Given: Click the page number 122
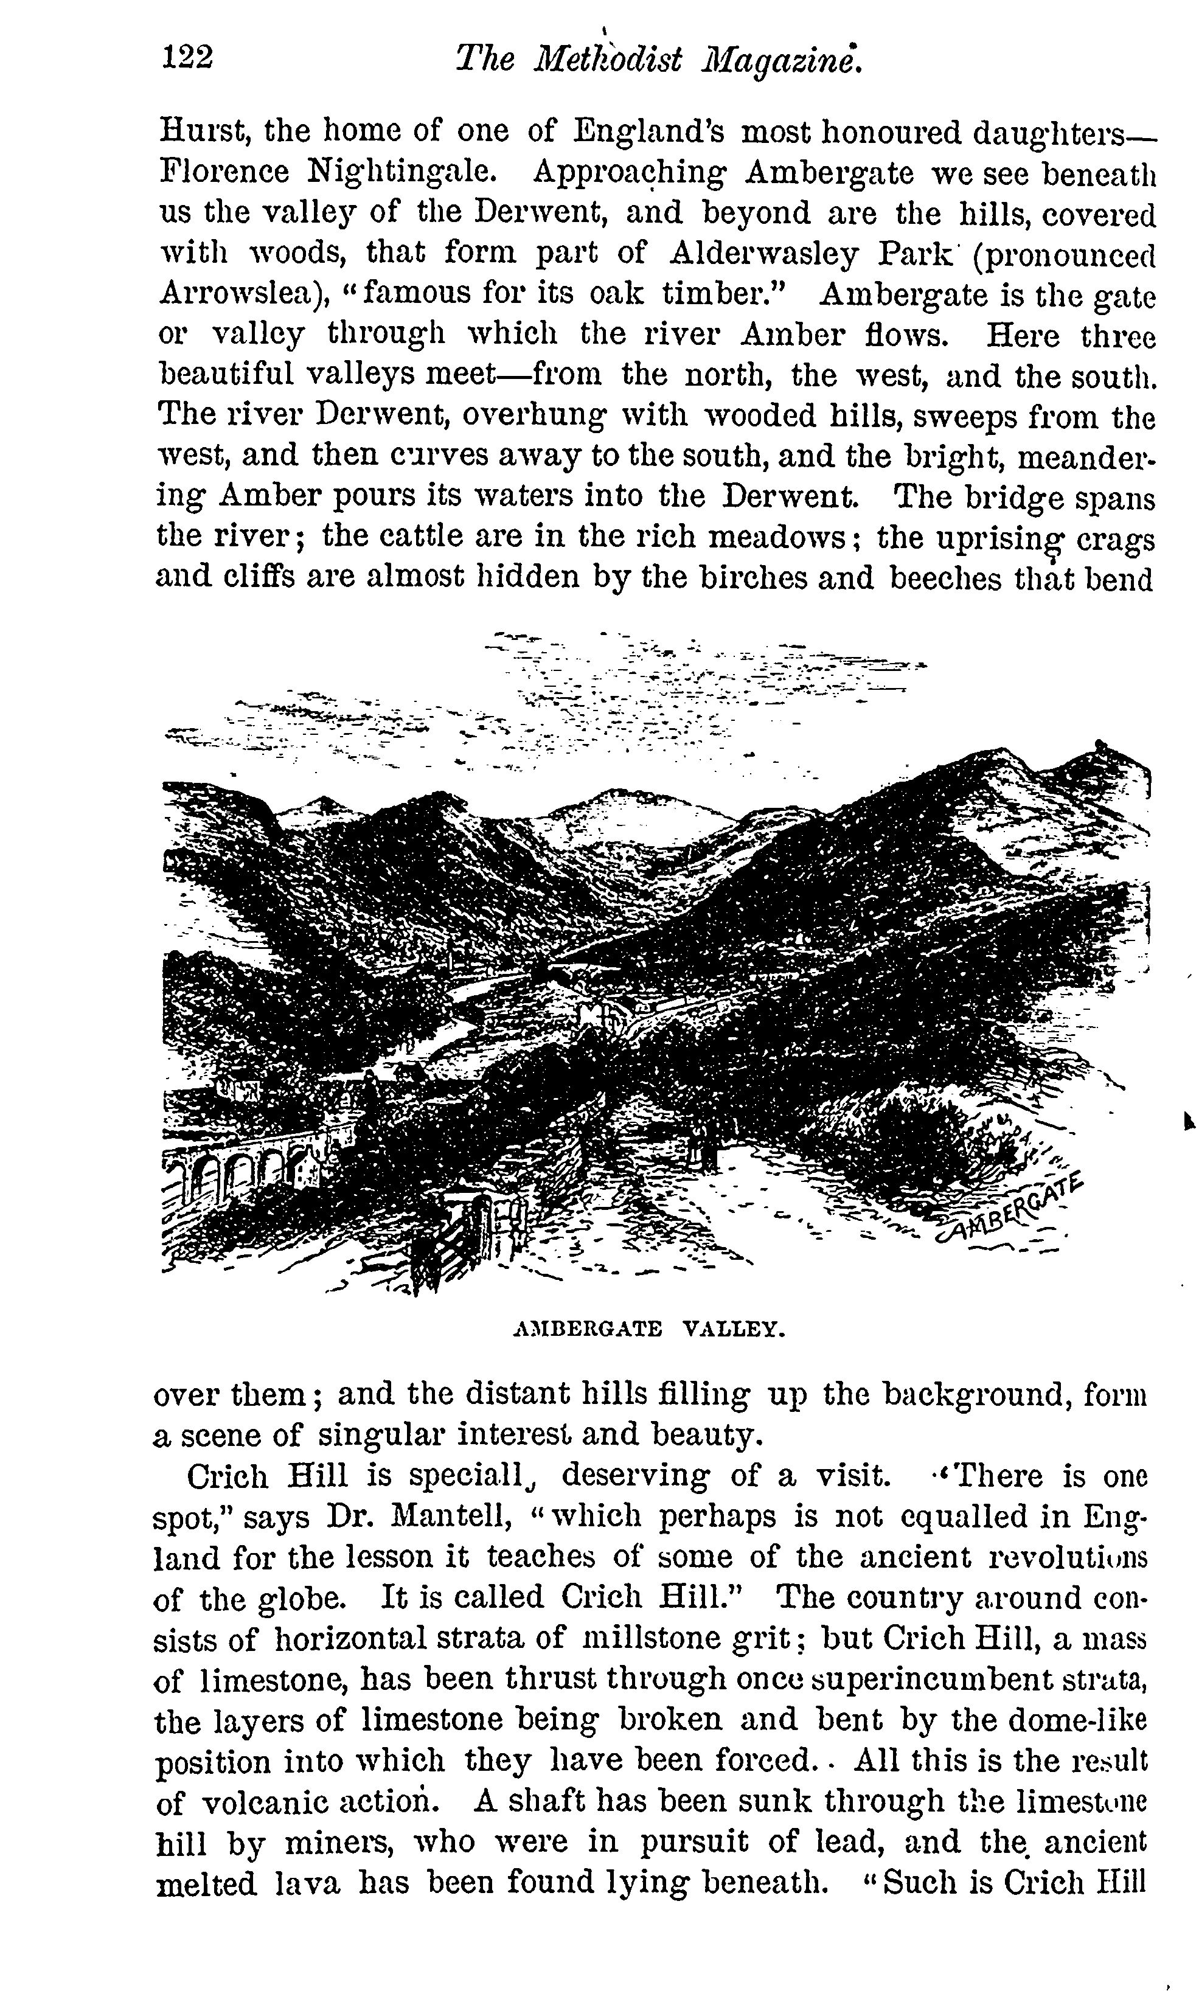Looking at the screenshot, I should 187,58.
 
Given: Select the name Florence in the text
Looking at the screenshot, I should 224,172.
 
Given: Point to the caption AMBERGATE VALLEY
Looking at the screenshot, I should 649,1329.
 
